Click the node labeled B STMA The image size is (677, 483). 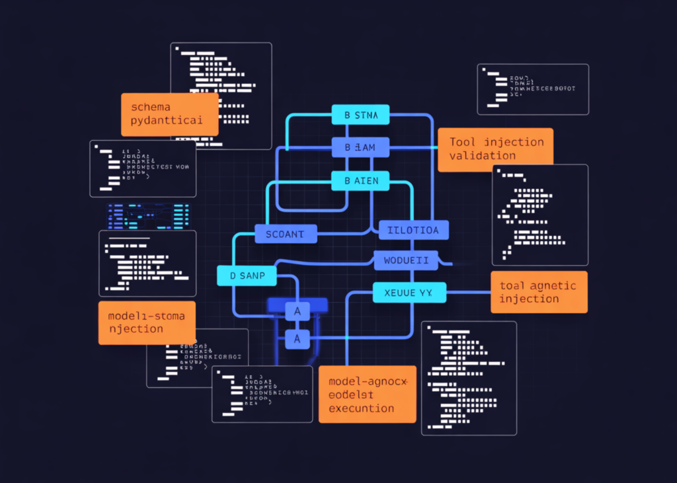(360, 115)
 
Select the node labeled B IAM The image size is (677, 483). (360, 147)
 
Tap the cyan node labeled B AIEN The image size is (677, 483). (360, 180)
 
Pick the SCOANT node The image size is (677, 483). (286, 233)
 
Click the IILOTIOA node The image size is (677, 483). (414, 230)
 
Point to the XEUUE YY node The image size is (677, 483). (409, 291)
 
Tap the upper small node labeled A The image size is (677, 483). (298, 311)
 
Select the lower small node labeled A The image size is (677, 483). (298, 339)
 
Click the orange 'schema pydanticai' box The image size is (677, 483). (169, 114)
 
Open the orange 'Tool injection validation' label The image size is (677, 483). (495, 149)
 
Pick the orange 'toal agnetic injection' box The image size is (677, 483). (539, 292)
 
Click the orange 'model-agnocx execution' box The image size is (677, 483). (367, 394)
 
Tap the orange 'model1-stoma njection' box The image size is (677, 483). (147, 322)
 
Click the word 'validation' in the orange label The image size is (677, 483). (483, 156)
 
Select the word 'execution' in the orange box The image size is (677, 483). (361, 408)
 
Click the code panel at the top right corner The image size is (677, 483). (532, 89)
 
